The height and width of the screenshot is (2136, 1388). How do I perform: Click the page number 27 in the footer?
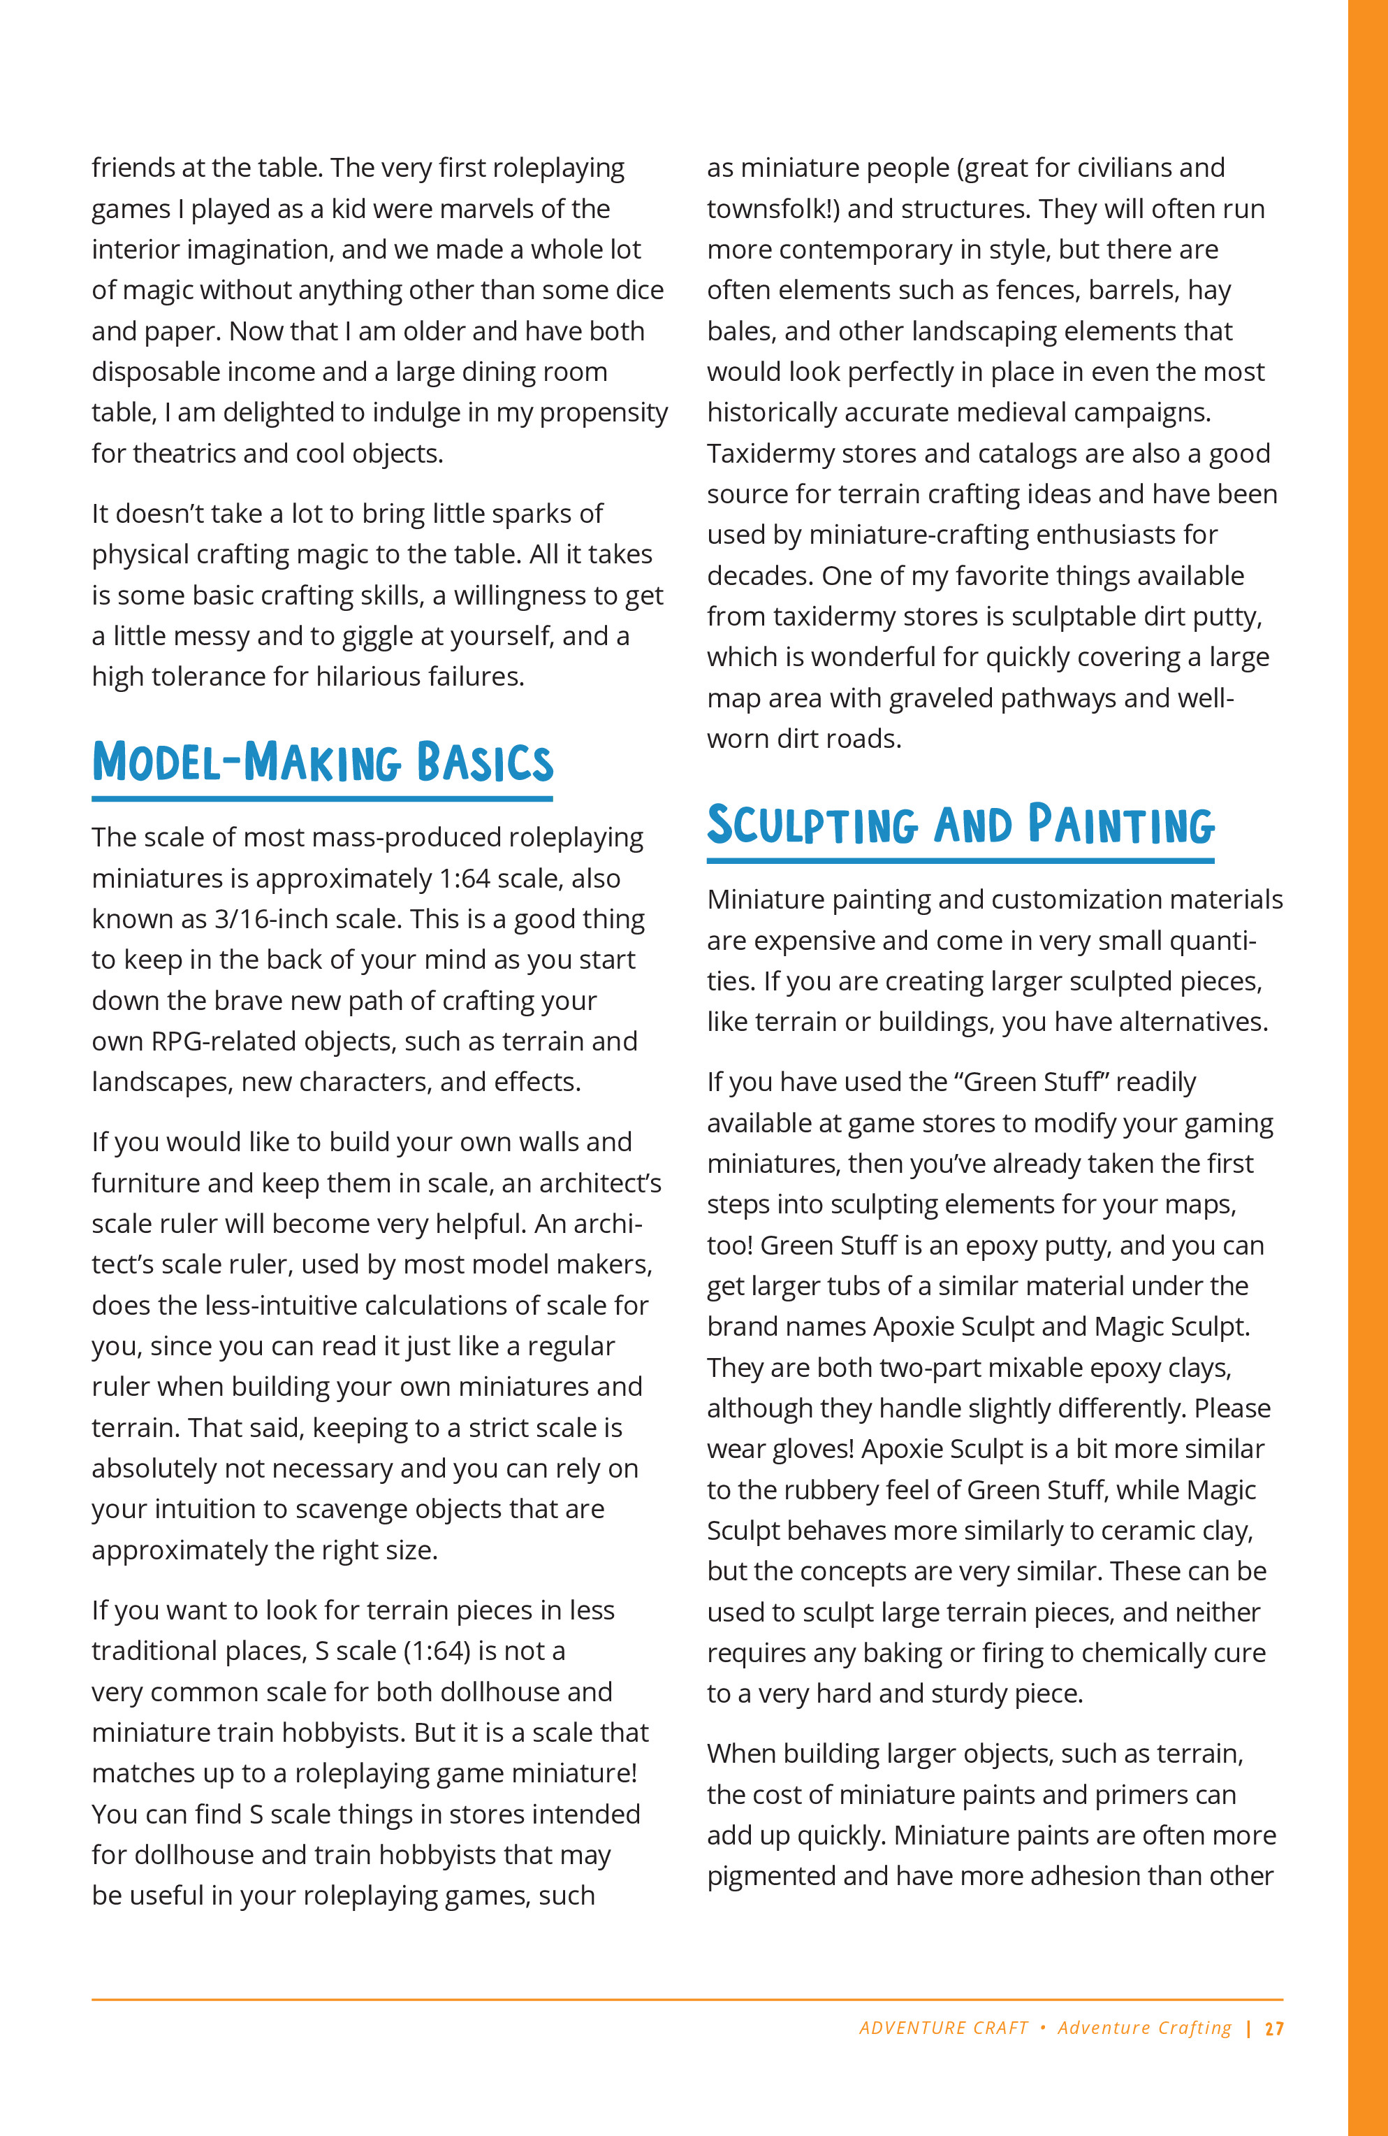(1274, 2028)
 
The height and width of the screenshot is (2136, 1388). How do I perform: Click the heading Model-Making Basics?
(322, 762)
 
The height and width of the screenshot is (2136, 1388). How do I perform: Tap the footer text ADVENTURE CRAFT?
(943, 2028)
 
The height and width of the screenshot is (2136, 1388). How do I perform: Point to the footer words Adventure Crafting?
(1144, 2028)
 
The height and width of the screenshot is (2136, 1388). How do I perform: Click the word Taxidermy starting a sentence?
(764, 454)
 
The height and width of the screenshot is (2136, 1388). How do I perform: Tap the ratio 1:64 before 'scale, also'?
(465, 879)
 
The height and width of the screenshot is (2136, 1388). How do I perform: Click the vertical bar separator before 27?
(1249, 2028)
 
